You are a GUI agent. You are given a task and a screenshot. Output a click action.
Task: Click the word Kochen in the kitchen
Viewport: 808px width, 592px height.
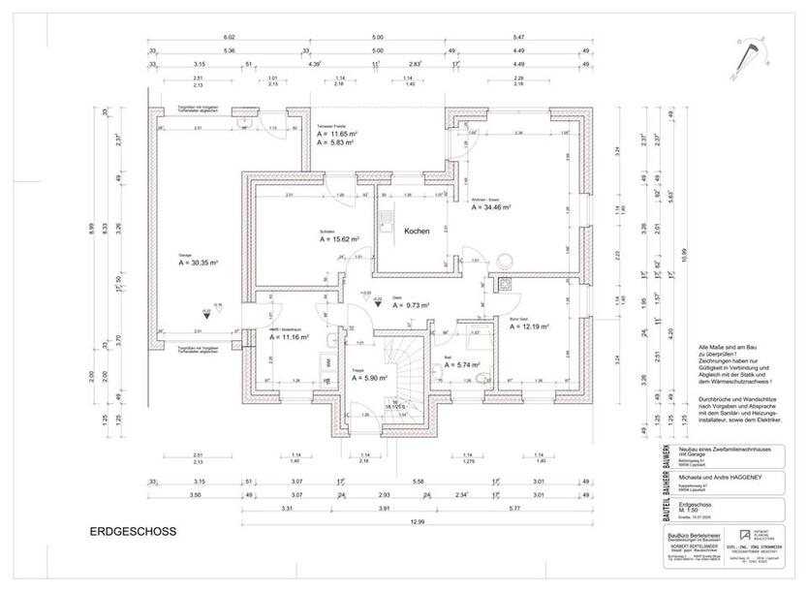[x=418, y=233]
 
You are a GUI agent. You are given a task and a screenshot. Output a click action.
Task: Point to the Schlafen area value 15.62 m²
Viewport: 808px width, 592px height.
[x=339, y=238]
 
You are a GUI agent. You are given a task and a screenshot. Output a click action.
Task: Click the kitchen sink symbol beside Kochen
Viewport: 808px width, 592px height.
[x=386, y=218]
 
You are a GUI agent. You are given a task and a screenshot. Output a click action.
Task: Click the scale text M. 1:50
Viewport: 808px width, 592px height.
[x=695, y=513]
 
